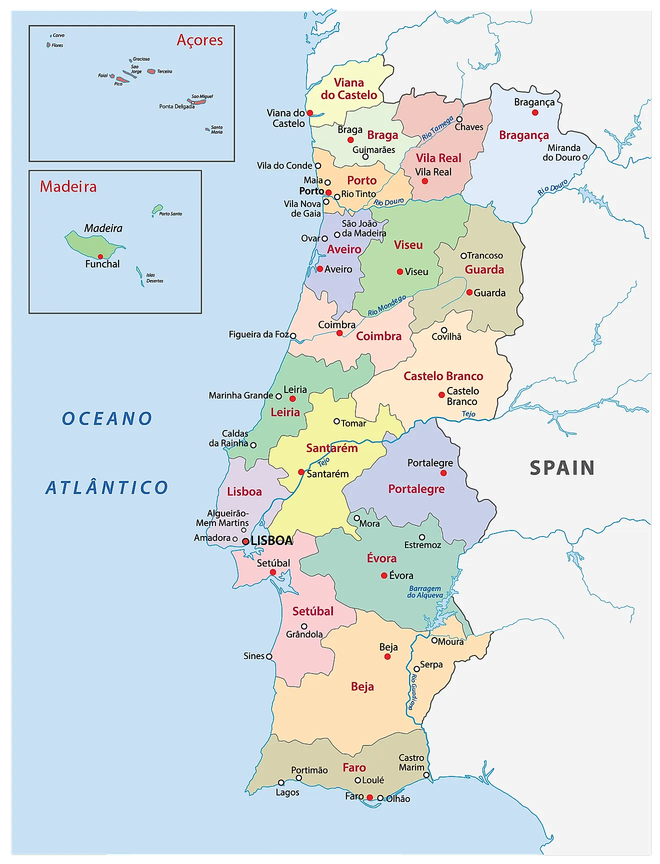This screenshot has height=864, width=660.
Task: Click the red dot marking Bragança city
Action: click(535, 112)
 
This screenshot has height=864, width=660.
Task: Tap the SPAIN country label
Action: click(562, 468)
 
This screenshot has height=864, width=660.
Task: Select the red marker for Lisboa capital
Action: click(245, 541)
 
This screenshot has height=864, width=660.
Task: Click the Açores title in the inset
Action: click(199, 40)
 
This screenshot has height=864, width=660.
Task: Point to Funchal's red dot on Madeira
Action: click(100, 256)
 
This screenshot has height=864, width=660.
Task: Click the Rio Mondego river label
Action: click(386, 305)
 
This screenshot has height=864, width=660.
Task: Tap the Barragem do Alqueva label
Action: click(425, 592)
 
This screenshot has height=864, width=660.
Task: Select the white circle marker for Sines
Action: click(269, 656)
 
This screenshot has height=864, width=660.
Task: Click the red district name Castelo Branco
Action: click(443, 376)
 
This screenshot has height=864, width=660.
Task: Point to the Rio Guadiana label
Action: click(412, 692)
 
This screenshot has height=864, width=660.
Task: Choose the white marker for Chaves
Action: click(459, 119)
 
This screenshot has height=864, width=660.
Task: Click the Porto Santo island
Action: click(157, 208)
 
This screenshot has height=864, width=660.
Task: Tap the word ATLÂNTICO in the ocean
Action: click(107, 487)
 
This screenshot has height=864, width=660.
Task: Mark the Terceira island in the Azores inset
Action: click(151, 71)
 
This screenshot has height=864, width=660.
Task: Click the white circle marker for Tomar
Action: click(337, 421)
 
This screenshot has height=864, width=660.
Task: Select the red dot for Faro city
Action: click(369, 797)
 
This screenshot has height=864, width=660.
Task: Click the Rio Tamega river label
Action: click(437, 128)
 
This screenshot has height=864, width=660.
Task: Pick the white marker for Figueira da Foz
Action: click(293, 336)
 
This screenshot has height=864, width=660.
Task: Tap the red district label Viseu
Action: click(408, 245)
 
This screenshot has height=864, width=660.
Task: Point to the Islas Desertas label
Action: click(154, 278)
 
